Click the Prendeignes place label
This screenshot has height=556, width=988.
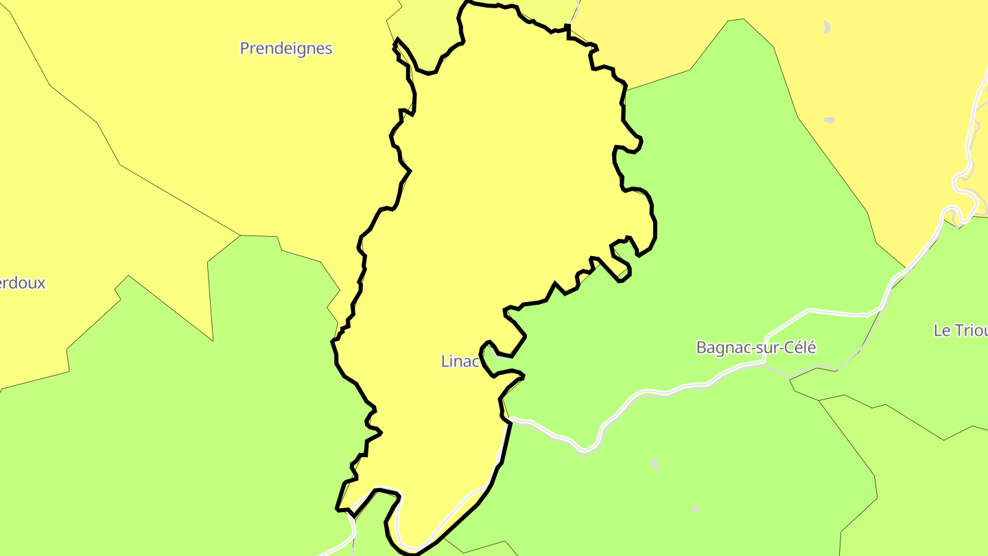point(285,48)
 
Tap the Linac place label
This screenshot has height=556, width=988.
point(459,361)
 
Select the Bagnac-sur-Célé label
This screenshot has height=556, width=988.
point(755,347)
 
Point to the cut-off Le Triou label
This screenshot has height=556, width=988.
point(960,330)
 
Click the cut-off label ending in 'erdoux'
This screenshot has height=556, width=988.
point(23,283)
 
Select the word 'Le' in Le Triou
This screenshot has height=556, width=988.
point(941,330)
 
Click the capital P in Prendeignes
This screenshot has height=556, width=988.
point(244,48)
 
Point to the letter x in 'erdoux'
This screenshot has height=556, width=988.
point(41,283)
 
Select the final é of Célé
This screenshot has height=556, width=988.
point(812,347)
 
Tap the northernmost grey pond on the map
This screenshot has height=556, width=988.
point(827,27)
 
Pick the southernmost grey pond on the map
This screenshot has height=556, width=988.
point(696,509)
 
